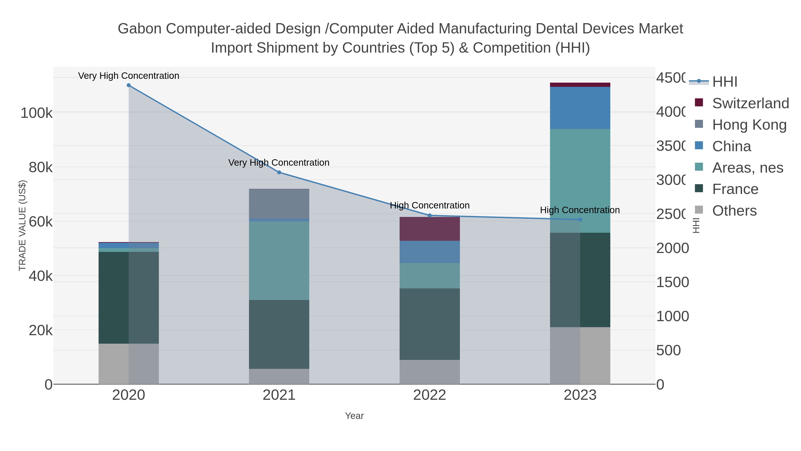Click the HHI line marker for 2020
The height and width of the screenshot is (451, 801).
pos(129,85)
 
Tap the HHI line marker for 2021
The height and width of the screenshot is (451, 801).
pos(279,172)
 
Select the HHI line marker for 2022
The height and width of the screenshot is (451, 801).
pos(430,215)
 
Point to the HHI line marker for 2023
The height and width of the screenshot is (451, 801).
pos(580,219)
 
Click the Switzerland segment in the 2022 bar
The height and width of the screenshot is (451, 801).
pos(430,229)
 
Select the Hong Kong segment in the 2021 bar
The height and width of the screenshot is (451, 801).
pos(279,204)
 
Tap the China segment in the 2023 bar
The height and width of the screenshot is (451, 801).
pos(580,108)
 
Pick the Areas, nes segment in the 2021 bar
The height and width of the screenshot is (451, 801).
pos(279,261)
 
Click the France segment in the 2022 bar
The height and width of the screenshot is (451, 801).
pos(430,324)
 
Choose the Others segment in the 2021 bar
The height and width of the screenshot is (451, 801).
pos(279,376)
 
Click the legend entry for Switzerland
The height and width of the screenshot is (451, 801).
pos(750,103)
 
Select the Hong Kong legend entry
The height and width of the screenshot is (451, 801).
pos(749,124)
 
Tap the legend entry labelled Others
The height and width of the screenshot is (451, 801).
pos(734,211)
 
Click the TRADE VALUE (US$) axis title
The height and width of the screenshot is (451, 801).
pos(22,225)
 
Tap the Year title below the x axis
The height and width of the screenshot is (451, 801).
pos(354,416)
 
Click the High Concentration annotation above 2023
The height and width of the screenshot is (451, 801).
pos(580,210)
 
